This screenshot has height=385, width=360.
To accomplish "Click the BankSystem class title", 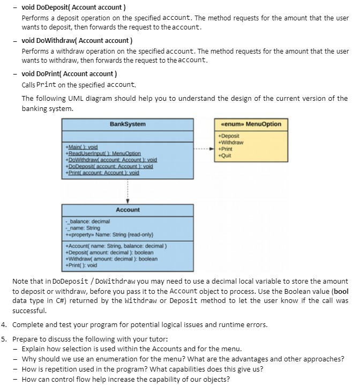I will coord(127,124).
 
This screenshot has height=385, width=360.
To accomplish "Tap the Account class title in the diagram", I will coord(127,210).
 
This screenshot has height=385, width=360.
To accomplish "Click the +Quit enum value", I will coord(225,156).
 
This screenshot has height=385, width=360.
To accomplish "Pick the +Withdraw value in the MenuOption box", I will coord(231,143).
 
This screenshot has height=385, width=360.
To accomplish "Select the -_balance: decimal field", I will coord(87,221).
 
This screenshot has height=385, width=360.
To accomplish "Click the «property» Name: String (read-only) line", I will coord(109,234).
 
